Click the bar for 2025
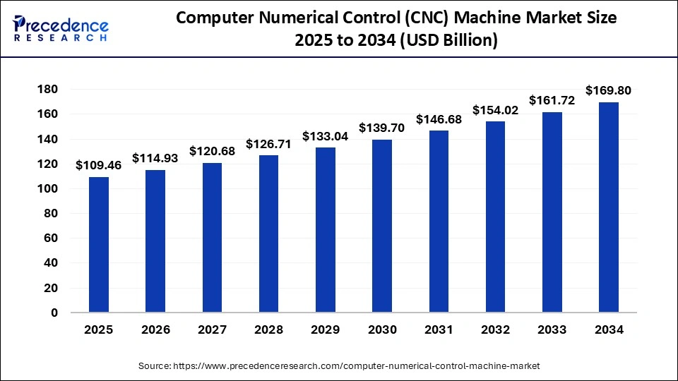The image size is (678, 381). (99, 244)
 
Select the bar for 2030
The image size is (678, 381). (382, 226)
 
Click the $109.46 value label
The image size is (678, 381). (99, 165)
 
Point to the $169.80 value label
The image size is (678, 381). (609, 90)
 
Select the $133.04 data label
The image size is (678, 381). (326, 136)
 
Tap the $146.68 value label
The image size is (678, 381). (439, 119)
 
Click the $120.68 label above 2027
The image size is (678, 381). (212, 151)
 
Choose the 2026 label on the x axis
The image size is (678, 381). (155, 329)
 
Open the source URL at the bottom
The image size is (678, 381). (339, 365)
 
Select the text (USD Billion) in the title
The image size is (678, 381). (448, 42)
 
